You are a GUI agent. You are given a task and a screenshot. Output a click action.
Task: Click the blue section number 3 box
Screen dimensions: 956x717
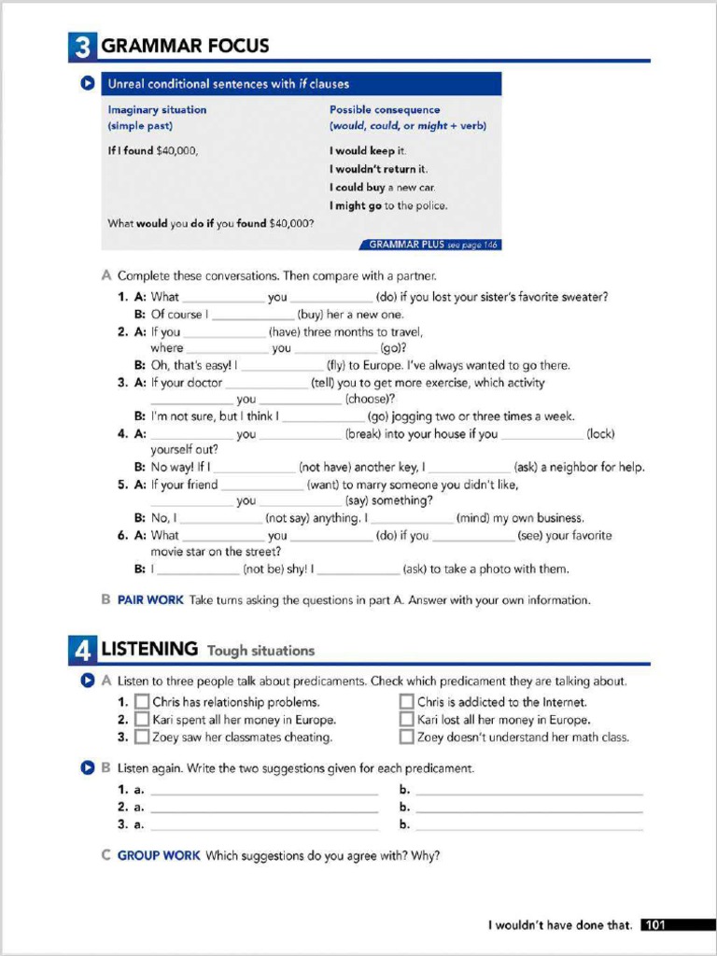[82, 47]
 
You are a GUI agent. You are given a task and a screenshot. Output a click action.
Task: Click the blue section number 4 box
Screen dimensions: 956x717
[82, 649]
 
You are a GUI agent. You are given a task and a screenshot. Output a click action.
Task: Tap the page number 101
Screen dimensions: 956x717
[655, 925]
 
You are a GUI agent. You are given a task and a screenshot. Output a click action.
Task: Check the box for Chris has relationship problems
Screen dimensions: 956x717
[142, 702]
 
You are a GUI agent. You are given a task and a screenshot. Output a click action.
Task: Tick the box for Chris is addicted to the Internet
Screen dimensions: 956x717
[407, 702]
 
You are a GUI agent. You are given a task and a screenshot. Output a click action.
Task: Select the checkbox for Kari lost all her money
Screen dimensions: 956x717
[407, 720]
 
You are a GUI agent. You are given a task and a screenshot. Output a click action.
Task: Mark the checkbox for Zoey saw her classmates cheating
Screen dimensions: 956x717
[142, 738]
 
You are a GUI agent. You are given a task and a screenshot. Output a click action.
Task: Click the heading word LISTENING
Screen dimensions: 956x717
[149, 649]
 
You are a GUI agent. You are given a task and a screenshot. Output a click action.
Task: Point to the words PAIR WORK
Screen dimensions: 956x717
[150, 600]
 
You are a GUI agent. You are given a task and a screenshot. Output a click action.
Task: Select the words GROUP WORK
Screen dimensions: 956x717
[159, 855]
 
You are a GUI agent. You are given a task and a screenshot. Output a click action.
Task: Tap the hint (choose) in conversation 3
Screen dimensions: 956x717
[370, 400]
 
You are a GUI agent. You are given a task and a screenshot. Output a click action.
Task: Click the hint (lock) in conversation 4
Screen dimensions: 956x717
[600, 434]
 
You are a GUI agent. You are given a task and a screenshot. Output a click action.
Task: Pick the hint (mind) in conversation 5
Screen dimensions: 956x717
[471, 518]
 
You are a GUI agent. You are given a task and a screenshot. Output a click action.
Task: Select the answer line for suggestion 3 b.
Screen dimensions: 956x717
[529, 825]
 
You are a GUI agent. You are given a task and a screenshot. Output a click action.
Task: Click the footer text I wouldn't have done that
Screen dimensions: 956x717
[560, 925]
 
